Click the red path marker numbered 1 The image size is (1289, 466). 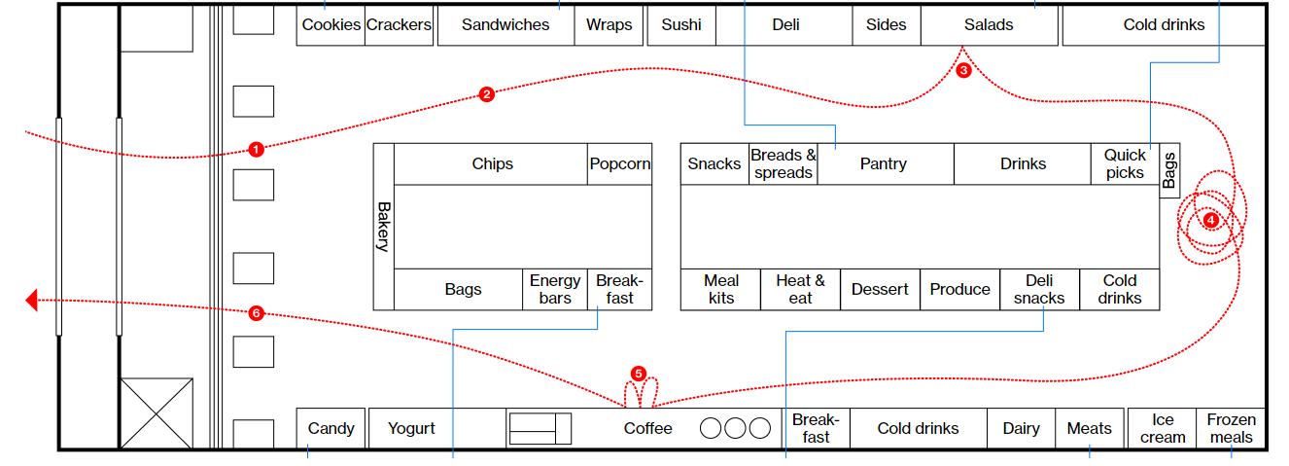click(256, 150)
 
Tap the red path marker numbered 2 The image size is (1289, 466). click(487, 94)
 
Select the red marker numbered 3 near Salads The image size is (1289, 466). click(963, 70)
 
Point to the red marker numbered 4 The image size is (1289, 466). click(1210, 220)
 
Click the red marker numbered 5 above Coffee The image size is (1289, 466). click(638, 373)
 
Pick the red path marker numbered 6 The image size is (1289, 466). click(256, 313)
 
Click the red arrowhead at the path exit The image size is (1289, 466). click(31, 301)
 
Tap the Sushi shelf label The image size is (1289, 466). click(680, 25)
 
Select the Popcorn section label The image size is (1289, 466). click(619, 163)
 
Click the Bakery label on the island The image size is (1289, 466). click(384, 227)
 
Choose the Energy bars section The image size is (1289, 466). click(554, 289)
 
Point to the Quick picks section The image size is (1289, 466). click(1125, 163)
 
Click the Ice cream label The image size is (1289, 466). click(1163, 428)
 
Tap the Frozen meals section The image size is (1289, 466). click(1231, 428)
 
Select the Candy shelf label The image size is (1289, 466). click(331, 428)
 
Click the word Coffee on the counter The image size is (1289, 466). click(647, 428)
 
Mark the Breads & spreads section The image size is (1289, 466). click(783, 163)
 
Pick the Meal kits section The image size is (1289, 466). click(720, 289)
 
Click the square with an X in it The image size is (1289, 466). click(156, 413)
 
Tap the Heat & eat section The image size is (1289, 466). click(800, 289)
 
